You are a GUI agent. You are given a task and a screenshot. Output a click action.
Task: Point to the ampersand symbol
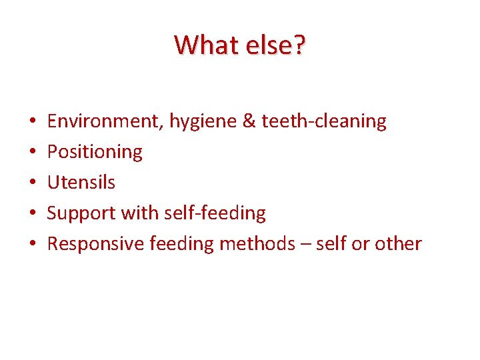point(249,121)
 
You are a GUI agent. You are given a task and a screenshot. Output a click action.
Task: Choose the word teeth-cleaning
point(324,121)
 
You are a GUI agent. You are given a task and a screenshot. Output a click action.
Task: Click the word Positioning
point(95,153)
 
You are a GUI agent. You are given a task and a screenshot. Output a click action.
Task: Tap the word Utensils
point(81,183)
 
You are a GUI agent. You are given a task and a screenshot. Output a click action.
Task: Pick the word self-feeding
point(212,213)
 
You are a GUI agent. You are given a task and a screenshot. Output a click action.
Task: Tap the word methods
point(257,244)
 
